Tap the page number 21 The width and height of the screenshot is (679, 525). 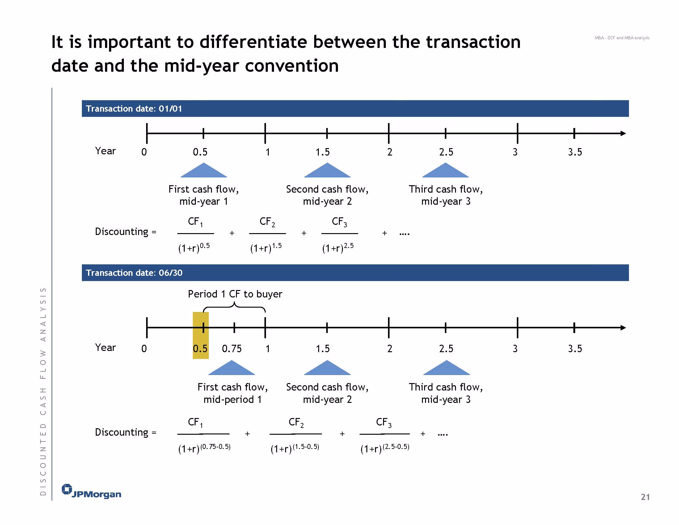click(x=645, y=497)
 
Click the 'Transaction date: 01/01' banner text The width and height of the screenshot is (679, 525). click(x=134, y=109)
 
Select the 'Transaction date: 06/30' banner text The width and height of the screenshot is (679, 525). click(x=134, y=273)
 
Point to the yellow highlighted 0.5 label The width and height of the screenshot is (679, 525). click(x=200, y=348)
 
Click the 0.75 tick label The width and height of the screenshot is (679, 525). click(x=232, y=348)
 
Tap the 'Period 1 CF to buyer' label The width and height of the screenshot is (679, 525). click(x=235, y=294)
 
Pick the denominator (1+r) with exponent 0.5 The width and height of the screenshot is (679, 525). click(x=194, y=248)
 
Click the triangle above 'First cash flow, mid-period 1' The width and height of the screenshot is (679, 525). click(x=232, y=368)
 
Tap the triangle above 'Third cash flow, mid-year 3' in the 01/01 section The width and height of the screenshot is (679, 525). click(x=445, y=170)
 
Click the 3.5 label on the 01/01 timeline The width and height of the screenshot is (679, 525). click(x=575, y=152)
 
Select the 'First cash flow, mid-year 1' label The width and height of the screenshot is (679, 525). click(x=204, y=195)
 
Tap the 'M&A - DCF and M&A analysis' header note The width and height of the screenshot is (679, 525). click(x=622, y=38)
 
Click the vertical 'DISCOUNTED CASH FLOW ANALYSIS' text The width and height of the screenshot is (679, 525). click(x=43, y=391)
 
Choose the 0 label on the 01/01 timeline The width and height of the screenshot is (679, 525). click(x=144, y=152)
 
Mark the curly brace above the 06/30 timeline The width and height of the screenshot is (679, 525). click(x=234, y=307)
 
